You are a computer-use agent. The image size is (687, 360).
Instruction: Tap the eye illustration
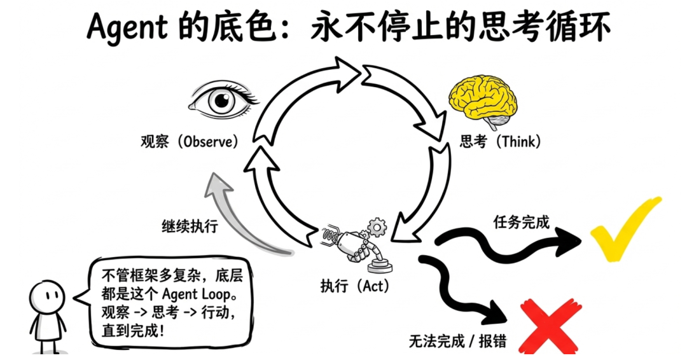tap(223, 100)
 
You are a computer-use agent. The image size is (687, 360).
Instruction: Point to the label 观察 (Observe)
tap(190, 142)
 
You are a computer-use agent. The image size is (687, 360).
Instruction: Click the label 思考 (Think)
tap(500, 141)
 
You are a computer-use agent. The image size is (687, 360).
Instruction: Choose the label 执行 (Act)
tap(355, 286)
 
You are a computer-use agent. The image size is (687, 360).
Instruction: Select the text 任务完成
tap(522, 221)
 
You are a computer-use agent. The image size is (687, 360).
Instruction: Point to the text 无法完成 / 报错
tap(458, 341)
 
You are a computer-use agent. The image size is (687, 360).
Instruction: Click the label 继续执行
tap(190, 226)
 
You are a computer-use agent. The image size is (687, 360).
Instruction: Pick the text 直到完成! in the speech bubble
tap(133, 329)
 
